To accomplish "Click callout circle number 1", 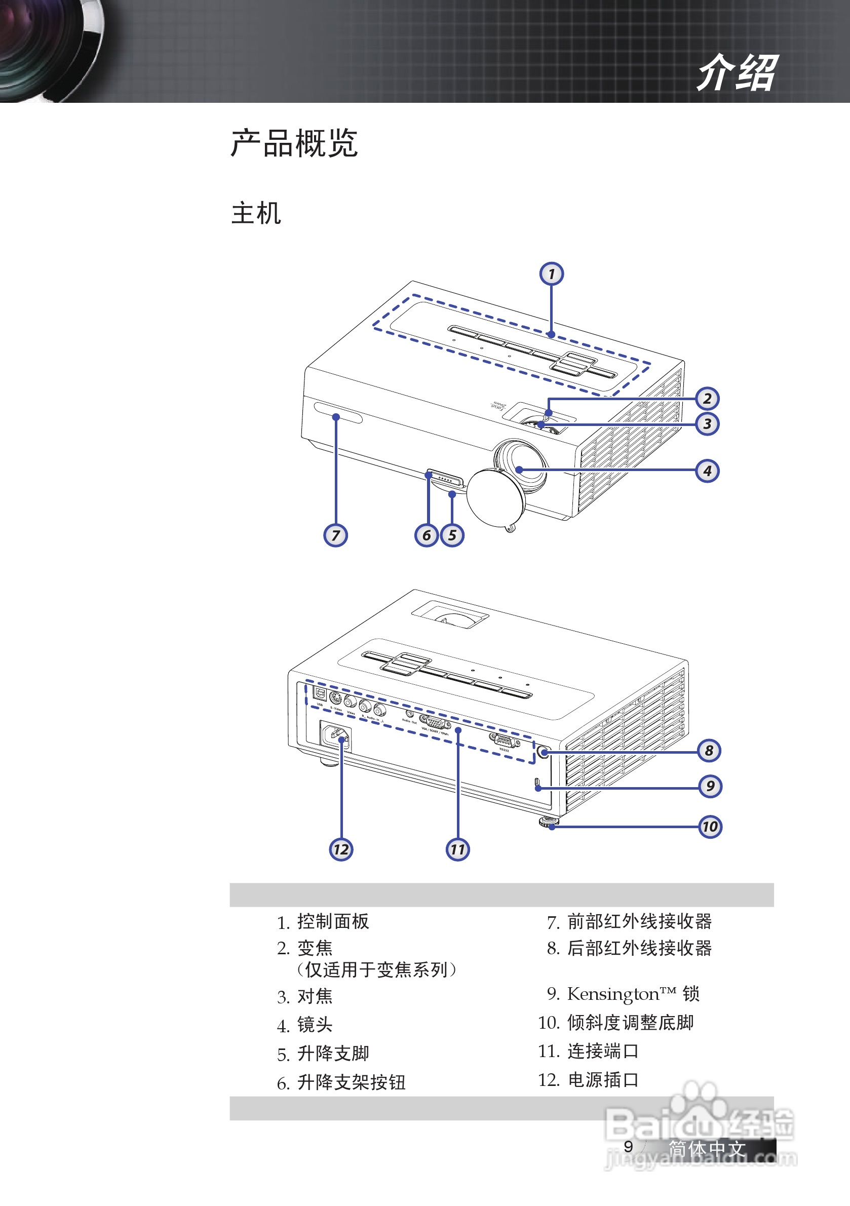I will pyautogui.click(x=551, y=274).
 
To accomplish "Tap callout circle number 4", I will pyautogui.click(x=707, y=471).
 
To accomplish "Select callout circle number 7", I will pyautogui.click(x=335, y=535).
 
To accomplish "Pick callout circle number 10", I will pyautogui.click(x=710, y=827).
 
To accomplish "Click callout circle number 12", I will pyautogui.click(x=341, y=849).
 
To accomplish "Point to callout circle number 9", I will pyautogui.click(x=710, y=786).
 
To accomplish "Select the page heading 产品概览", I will pyautogui.click(x=294, y=143).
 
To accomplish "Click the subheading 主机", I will pyautogui.click(x=256, y=213).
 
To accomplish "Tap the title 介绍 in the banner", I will pyautogui.click(x=737, y=72).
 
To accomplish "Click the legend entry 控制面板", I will pyautogui.click(x=333, y=921).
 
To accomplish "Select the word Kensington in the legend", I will pyautogui.click(x=613, y=994).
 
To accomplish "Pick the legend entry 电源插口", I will pyautogui.click(x=603, y=1080).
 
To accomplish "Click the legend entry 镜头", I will pyautogui.click(x=315, y=1024).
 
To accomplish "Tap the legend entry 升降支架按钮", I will pyautogui.click(x=351, y=1082).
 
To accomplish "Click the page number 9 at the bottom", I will pyautogui.click(x=628, y=1147).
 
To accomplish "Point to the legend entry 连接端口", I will pyautogui.click(x=603, y=1051).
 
